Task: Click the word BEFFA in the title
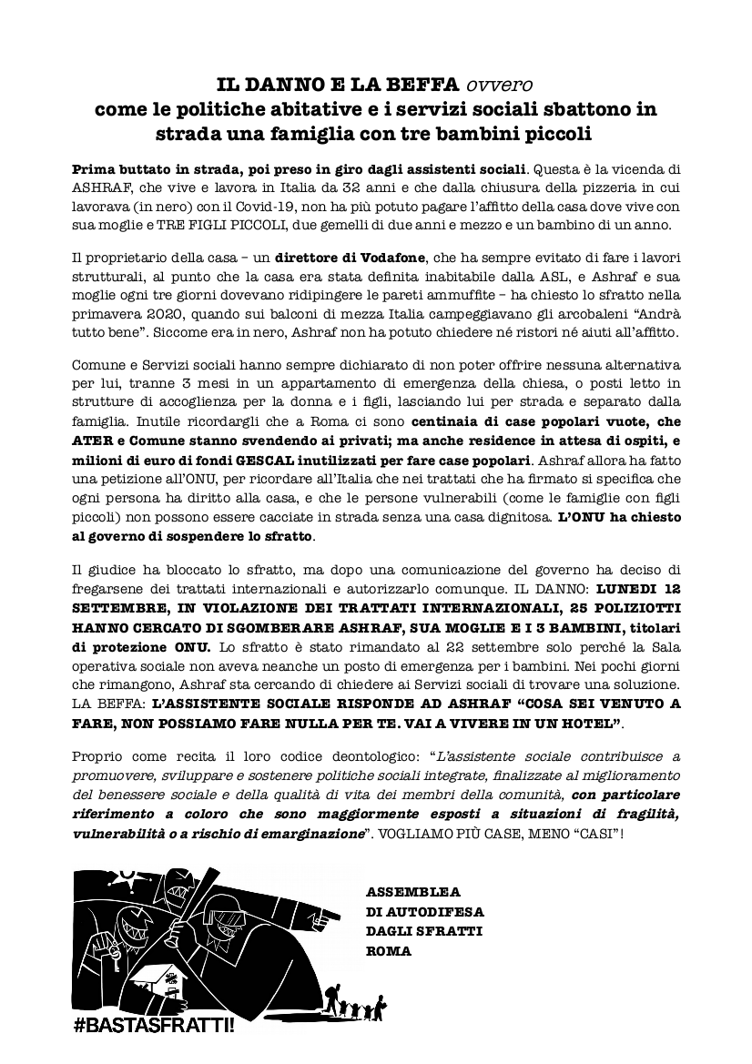point(423,86)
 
